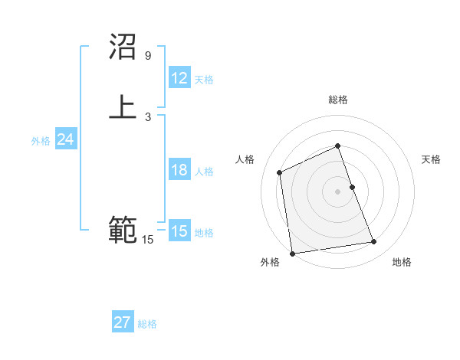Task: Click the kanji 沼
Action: [x=123, y=47]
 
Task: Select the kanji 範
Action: [x=123, y=231]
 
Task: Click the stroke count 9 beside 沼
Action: [x=148, y=56]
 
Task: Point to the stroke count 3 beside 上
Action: [x=148, y=116]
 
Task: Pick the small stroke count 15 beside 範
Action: [x=148, y=240]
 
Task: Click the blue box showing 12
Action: [x=179, y=78]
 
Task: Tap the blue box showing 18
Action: [x=179, y=170]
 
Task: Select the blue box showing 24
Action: [x=66, y=139]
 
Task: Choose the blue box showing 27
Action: [x=123, y=322]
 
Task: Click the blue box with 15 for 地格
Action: [x=179, y=231]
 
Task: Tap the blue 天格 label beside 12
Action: [x=204, y=80]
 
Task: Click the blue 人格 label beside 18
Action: [x=204, y=172]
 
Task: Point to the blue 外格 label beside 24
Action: [x=41, y=141]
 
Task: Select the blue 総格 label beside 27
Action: [x=147, y=324]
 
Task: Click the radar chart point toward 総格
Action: [x=337, y=146]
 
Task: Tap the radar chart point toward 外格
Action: [x=292, y=253]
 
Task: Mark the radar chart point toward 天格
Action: [x=352, y=187]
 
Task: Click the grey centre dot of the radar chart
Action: [x=337, y=191]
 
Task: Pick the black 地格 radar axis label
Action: [x=402, y=263]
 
